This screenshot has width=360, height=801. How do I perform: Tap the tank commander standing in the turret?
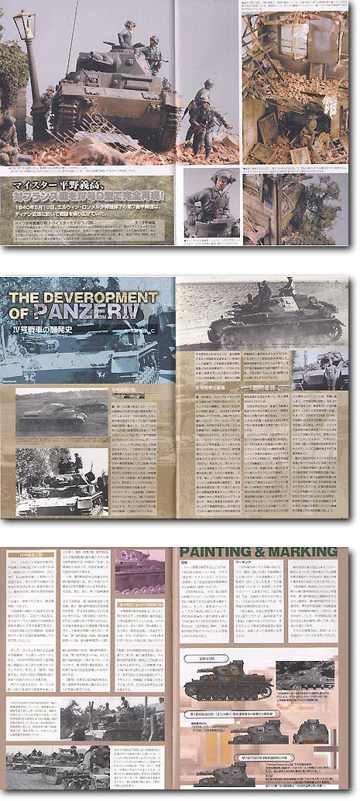click(125, 34)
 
